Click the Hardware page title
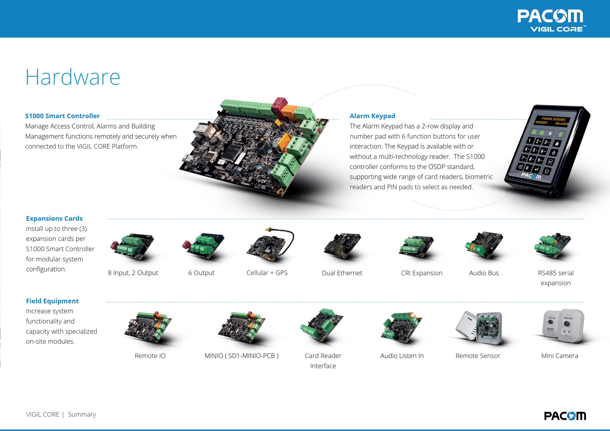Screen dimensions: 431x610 pyautogui.click(x=73, y=77)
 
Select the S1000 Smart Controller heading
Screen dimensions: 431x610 pyautogui.click(x=62, y=116)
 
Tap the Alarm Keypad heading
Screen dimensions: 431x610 pyautogui.click(x=372, y=116)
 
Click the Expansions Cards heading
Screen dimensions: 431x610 pyautogui.click(x=54, y=219)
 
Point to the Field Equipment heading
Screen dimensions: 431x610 pyautogui.click(x=52, y=301)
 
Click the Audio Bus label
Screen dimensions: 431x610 pyautogui.click(x=484, y=273)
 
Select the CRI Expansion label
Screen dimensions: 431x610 pyautogui.click(x=422, y=273)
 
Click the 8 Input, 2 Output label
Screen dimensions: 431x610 pyautogui.click(x=133, y=273)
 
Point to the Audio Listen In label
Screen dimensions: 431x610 pyautogui.click(x=402, y=356)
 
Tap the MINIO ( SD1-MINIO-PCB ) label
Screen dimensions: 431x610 pyautogui.click(x=241, y=356)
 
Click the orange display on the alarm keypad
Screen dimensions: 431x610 pyautogui.click(x=552, y=121)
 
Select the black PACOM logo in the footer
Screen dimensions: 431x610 pyautogui.click(x=565, y=416)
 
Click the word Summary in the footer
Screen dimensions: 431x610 pyautogui.click(x=82, y=414)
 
